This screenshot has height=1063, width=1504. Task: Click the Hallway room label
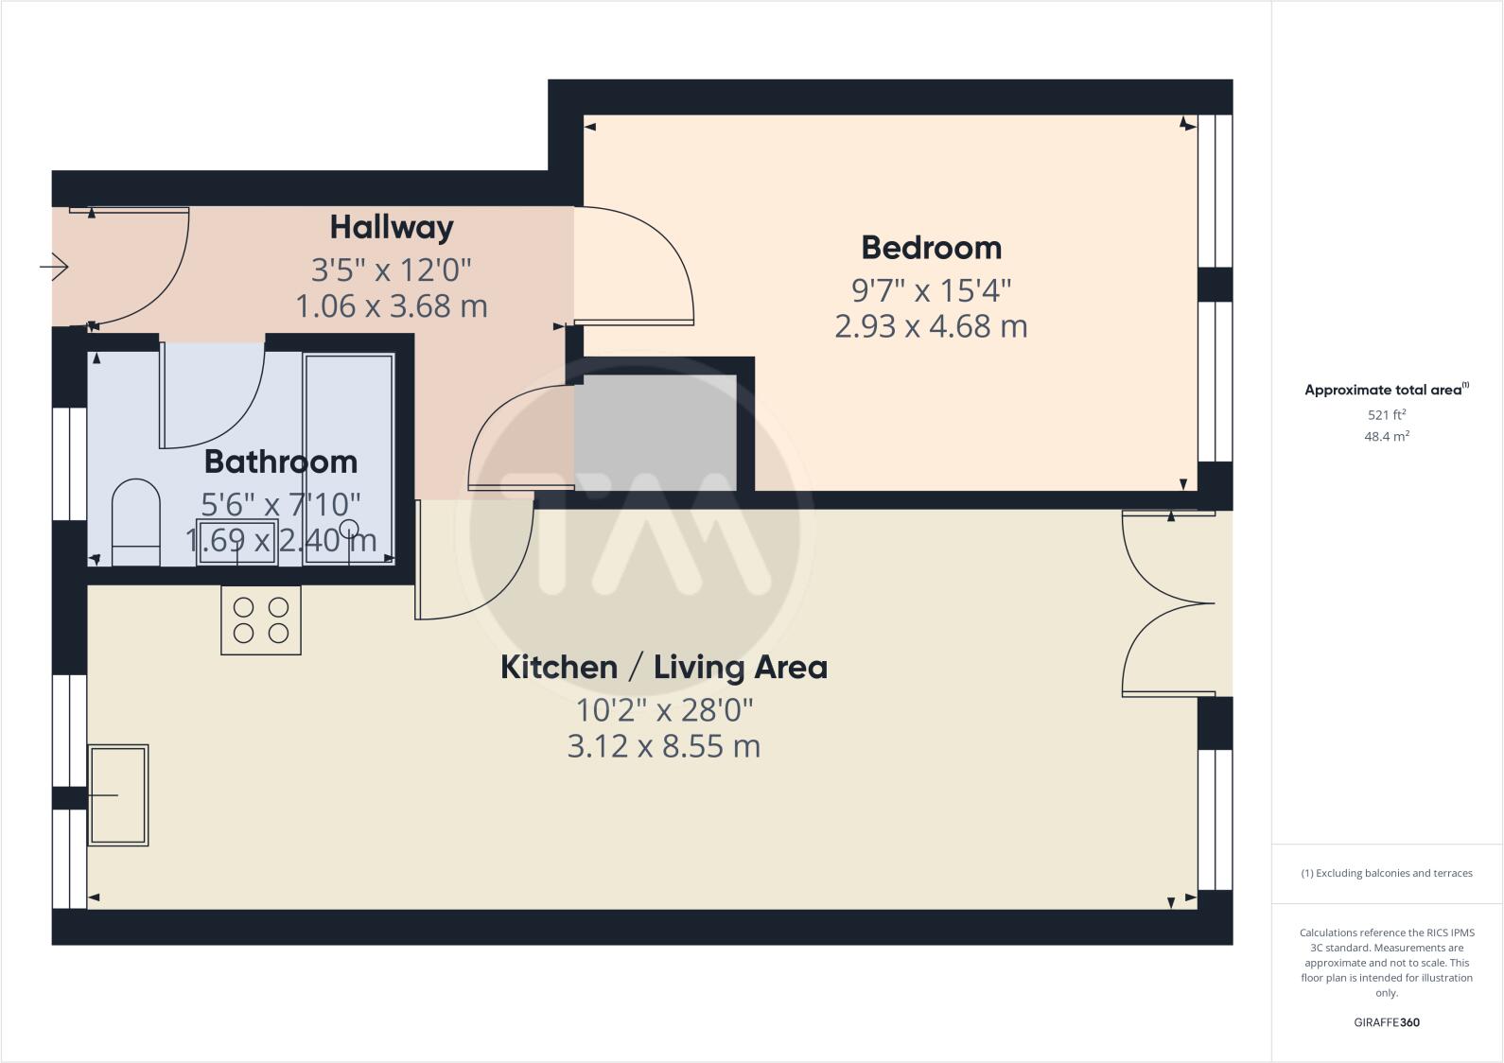392,228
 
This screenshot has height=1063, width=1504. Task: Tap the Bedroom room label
931,248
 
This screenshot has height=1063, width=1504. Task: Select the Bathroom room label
281,462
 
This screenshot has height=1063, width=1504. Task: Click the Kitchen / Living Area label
663,668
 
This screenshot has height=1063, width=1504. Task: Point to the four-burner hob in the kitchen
261,620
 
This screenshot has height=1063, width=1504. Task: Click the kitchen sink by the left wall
118,794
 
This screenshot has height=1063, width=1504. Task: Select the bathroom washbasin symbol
237,542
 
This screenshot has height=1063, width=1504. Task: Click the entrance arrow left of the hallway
55,268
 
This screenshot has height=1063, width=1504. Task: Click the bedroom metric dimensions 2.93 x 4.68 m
931,327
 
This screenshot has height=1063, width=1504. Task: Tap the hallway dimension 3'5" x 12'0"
392,270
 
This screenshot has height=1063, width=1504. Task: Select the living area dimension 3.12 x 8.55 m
663,747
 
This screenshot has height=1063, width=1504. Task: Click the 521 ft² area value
1387,415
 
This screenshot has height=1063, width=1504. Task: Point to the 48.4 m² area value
1387,437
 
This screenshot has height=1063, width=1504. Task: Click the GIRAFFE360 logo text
1387,1022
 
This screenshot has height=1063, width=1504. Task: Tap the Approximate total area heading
1383,390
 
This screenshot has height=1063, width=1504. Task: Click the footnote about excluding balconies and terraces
1387,873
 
